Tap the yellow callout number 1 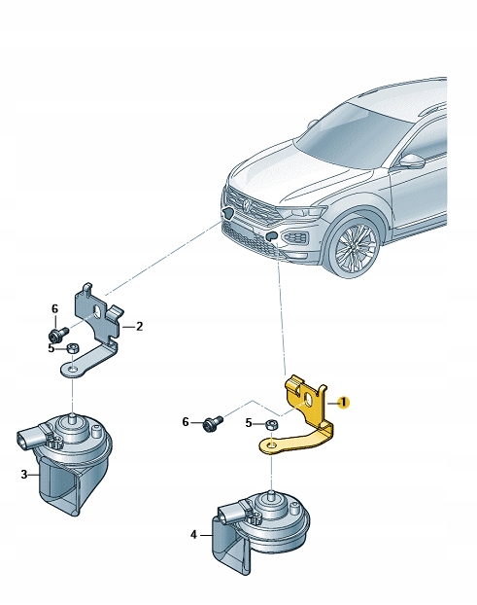click(x=344, y=402)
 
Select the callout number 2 click(x=139, y=327)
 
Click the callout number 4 click(x=194, y=534)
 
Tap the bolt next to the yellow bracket click(x=213, y=423)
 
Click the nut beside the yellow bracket click(x=272, y=424)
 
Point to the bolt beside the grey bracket click(x=64, y=333)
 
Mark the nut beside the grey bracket click(x=70, y=347)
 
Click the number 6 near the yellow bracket click(x=186, y=422)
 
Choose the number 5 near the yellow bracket click(x=249, y=423)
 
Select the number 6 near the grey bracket click(x=54, y=309)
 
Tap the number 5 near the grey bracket click(x=51, y=346)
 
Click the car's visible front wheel click(x=354, y=247)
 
